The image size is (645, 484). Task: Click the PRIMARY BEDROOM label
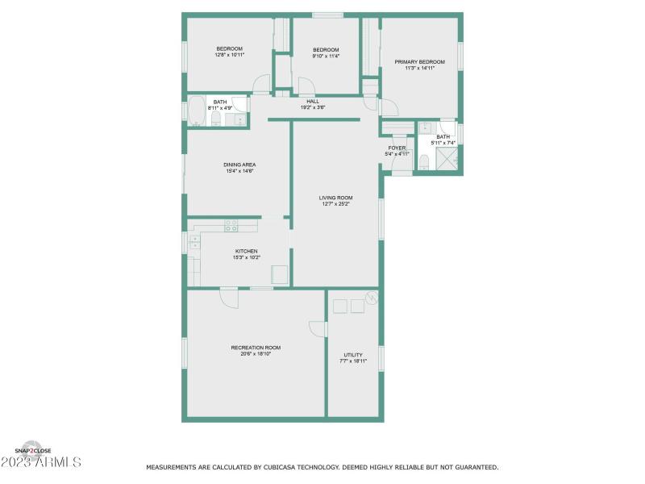pyautogui.click(x=419, y=62)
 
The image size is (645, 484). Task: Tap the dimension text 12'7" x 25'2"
pyautogui.click(x=335, y=204)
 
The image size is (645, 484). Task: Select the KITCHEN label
pyautogui.click(x=246, y=251)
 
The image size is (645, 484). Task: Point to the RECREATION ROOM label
pyautogui.click(x=256, y=348)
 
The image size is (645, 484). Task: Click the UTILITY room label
pyautogui.click(x=353, y=355)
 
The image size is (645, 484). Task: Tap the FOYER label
pyautogui.click(x=397, y=148)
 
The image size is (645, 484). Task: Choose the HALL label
pyautogui.click(x=313, y=101)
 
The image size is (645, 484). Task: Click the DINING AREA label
pyautogui.click(x=239, y=165)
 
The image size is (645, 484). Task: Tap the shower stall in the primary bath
pyautogui.click(x=447, y=160)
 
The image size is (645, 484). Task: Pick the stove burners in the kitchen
pyautogui.click(x=231, y=225)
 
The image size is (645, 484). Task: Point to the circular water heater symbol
pyautogui.click(x=370, y=298)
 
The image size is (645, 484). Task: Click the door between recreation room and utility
pyautogui.click(x=319, y=328)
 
